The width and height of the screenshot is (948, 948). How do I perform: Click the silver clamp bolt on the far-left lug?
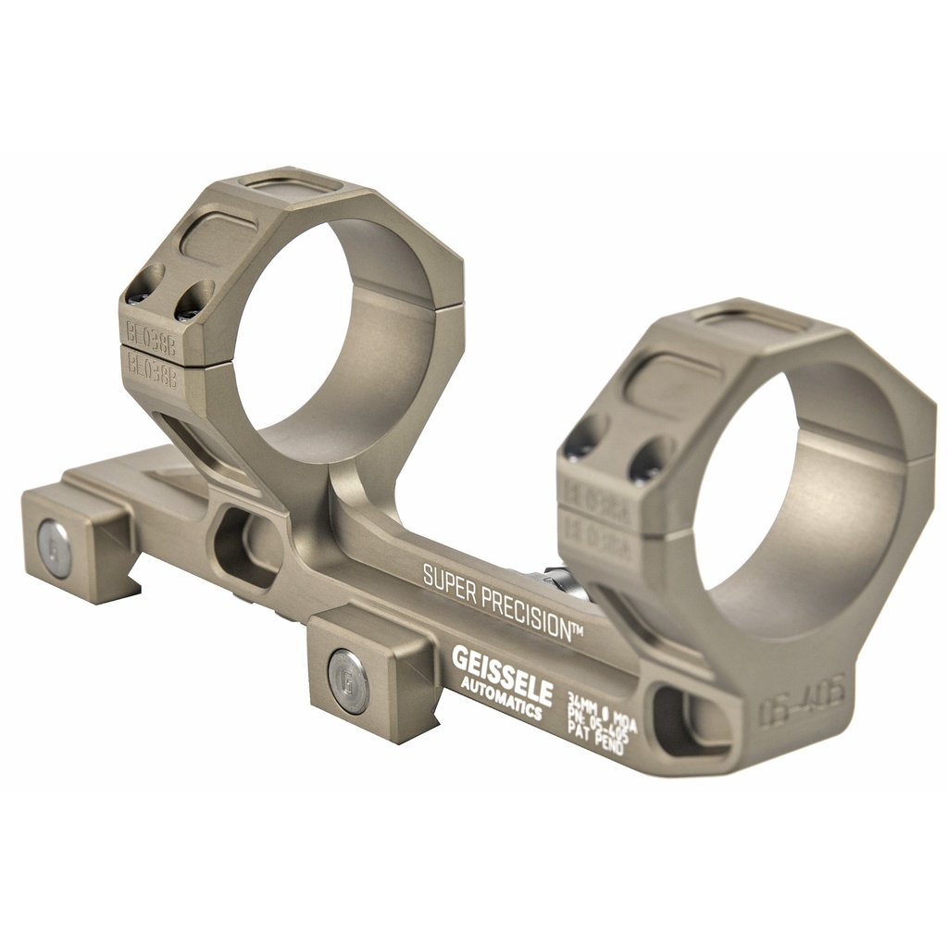tap(55, 548)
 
